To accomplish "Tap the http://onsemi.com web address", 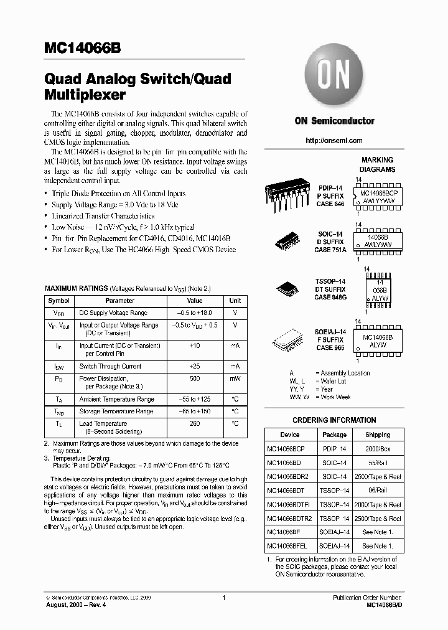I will pyautogui.click(x=334, y=141).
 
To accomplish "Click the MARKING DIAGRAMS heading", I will pyautogui.click(x=377, y=164).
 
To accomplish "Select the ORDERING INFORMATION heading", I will pyautogui.click(x=334, y=420).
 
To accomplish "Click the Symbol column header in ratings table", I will pyautogui.click(x=59, y=301).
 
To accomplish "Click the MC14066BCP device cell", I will pyautogui.click(x=285, y=449).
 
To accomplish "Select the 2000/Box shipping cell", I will pyautogui.click(x=378, y=449).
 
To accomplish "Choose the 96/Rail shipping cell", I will pyautogui.click(x=378, y=491).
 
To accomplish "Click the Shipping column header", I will pyautogui.click(x=378, y=435).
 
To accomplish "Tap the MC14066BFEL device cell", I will pyautogui.click(x=287, y=546).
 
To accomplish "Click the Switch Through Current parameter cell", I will pyautogui.click(x=110, y=366).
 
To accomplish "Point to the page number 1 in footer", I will pyautogui.click(x=223, y=598).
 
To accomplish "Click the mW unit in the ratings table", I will pyautogui.click(x=235, y=378).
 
